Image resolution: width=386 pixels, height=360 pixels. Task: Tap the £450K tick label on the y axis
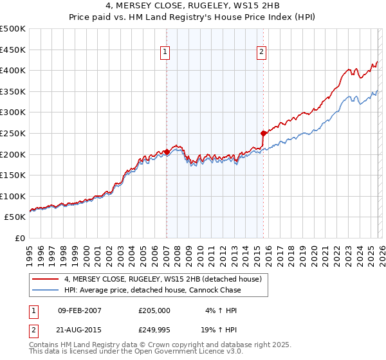(13, 50)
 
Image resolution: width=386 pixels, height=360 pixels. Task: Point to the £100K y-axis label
(13, 196)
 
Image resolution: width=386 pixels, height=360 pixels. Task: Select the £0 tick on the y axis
(21, 238)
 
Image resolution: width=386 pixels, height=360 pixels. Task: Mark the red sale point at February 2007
(167, 152)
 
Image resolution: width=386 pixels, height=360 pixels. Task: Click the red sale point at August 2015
(263, 133)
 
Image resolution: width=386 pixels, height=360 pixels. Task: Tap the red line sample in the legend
(46, 279)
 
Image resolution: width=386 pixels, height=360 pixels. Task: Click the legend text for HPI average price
(152, 290)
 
